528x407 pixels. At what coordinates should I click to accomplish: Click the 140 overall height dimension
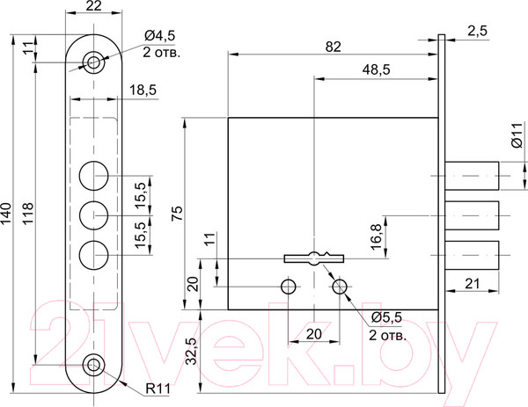tap(6, 214)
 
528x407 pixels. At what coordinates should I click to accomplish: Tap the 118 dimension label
tap(27, 214)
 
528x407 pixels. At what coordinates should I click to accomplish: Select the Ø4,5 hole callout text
tap(160, 34)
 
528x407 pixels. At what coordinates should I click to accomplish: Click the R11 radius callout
tap(158, 389)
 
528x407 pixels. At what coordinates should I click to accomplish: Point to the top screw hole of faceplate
tap(93, 62)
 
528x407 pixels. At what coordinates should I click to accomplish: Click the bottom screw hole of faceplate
tap(93, 365)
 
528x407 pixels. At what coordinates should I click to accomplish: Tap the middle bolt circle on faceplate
tap(94, 215)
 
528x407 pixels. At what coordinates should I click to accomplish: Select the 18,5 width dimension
tap(143, 91)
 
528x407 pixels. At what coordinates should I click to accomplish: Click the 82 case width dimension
tap(334, 47)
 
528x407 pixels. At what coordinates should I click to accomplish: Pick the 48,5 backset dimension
tap(376, 69)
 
